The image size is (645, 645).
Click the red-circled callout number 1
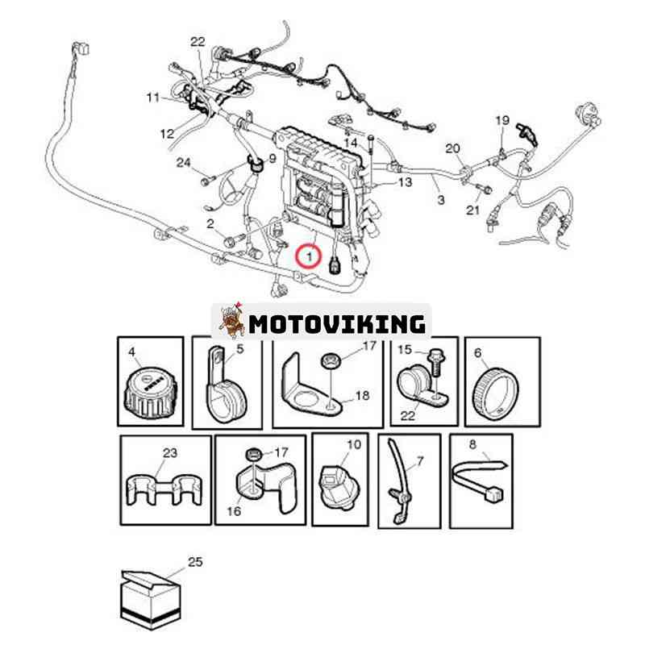point(310,256)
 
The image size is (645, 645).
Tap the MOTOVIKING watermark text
point(337,324)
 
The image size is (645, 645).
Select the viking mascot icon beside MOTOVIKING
point(231,320)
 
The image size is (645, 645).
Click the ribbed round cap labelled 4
point(151,392)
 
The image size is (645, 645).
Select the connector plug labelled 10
point(336,488)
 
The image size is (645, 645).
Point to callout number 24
point(184,163)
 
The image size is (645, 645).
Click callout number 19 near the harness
point(502,120)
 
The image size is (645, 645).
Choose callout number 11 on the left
point(152,98)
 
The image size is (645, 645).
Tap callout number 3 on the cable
point(441,200)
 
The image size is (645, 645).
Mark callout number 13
point(406,182)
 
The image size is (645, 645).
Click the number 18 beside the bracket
point(362,396)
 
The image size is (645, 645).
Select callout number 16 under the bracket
point(234,511)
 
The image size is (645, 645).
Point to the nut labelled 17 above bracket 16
point(254,456)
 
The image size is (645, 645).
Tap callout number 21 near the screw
point(473,210)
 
